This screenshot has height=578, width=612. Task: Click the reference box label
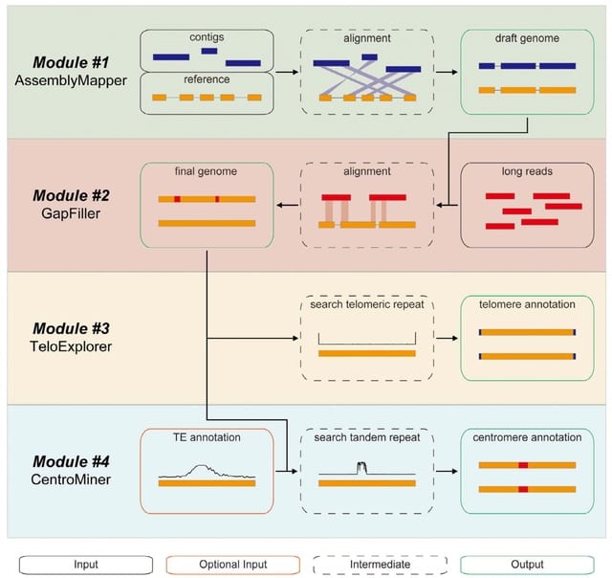207,80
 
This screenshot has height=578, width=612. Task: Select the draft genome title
527,39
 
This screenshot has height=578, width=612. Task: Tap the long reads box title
527,172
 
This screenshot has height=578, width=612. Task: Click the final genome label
207,172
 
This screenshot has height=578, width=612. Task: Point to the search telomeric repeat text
367,305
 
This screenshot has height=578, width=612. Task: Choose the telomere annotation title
527,305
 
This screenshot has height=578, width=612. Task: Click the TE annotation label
207,437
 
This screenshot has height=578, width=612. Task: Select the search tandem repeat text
367,437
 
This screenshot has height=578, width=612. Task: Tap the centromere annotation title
527,437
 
